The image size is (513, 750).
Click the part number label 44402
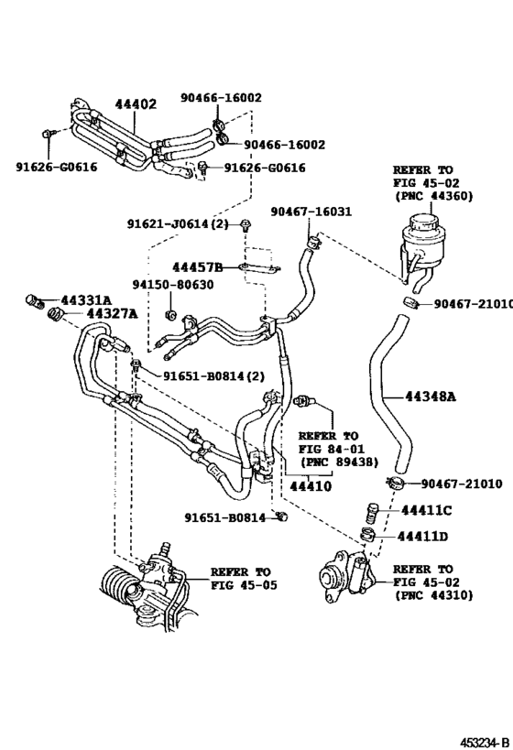pyautogui.click(x=135, y=104)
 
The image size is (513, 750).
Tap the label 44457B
pyautogui.click(x=200, y=266)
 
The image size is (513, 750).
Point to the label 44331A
pyautogui.click(x=86, y=300)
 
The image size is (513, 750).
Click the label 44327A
pyautogui.click(x=111, y=314)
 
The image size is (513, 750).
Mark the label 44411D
pyautogui.click(x=423, y=536)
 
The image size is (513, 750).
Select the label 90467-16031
pyautogui.click(x=311, y=212)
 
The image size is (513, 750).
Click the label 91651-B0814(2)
pyautogui.click(x=214, y=375)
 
